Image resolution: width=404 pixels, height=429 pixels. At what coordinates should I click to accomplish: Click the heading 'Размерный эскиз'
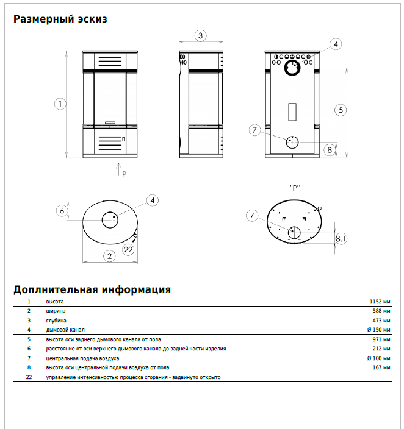point(60,19)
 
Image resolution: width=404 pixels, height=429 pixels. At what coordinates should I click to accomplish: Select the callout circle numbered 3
point(201,35)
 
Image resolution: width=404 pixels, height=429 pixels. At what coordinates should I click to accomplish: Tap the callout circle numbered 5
point(341,110)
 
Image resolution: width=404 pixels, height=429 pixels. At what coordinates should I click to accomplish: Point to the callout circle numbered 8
point(330,149)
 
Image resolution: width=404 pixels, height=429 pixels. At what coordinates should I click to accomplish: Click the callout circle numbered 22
point(128,249)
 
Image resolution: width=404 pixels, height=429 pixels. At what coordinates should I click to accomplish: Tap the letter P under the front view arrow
point(124,174)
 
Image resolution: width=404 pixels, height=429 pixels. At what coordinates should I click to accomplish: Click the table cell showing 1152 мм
point(380,302)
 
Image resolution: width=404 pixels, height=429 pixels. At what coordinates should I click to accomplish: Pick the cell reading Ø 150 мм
point(378,330)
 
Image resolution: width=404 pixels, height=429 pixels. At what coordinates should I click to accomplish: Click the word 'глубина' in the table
point(56,321)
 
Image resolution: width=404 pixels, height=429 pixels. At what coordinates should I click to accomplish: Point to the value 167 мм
point(381,367)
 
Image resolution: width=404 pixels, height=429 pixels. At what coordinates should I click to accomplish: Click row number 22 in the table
point(29,377)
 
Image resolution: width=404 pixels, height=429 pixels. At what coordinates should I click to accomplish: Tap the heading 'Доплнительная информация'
point(92,289)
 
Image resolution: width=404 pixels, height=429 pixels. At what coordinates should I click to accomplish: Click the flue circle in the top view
point(110,219)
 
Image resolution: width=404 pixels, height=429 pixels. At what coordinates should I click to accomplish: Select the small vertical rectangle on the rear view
point(292,111)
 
